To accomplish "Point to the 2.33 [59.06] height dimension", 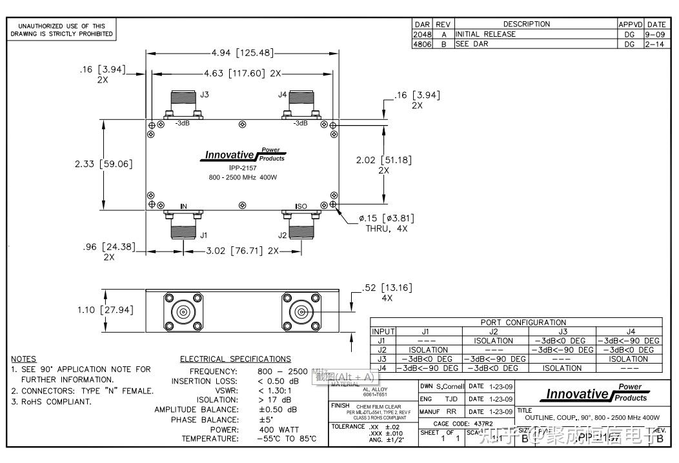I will [x=104, y=164].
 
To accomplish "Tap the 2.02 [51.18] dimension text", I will [x=383, y=160].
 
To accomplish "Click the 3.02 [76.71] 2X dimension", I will [x=235, y=251].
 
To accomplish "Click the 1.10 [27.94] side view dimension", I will [x=105, y=310].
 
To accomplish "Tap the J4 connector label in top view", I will [x=282, y=95].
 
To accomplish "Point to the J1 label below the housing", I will [x=204, y=235].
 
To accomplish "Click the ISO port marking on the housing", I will [x=301, y=206].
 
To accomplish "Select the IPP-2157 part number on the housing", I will [x=243, y=167].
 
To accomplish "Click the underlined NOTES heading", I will [x=24, y=359].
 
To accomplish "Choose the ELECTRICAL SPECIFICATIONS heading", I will [x=235, y=359].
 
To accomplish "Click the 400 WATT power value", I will [x=279, y=429].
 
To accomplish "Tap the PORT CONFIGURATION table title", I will [x=523, y=322].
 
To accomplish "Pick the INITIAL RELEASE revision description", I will [x=485, y=34].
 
